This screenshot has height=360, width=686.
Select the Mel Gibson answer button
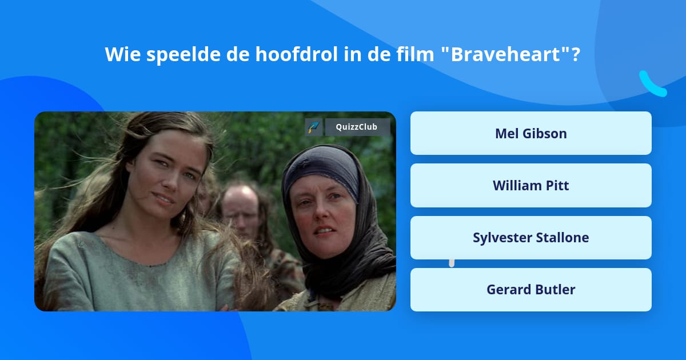[531, 133]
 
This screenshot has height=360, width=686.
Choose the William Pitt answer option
[531, 186]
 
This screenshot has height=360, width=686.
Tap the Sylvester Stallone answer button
[531, 238]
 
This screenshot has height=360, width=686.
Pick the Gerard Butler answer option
[531, 290]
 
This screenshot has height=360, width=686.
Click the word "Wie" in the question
[122, 54]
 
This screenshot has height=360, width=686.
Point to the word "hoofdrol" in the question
[297, 54]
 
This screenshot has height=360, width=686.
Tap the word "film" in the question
[415, 54]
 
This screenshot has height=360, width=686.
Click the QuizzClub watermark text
[357, 127]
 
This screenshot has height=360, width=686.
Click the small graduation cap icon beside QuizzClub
[314, 127]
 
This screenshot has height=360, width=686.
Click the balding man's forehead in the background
[241, 195]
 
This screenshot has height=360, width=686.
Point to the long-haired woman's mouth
[163, 199]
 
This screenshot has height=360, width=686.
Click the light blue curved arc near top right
[652, 85]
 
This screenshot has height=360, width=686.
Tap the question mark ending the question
[576, 54]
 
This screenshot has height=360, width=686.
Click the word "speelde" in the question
[183, 55]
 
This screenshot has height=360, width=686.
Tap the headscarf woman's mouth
[324, 230]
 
